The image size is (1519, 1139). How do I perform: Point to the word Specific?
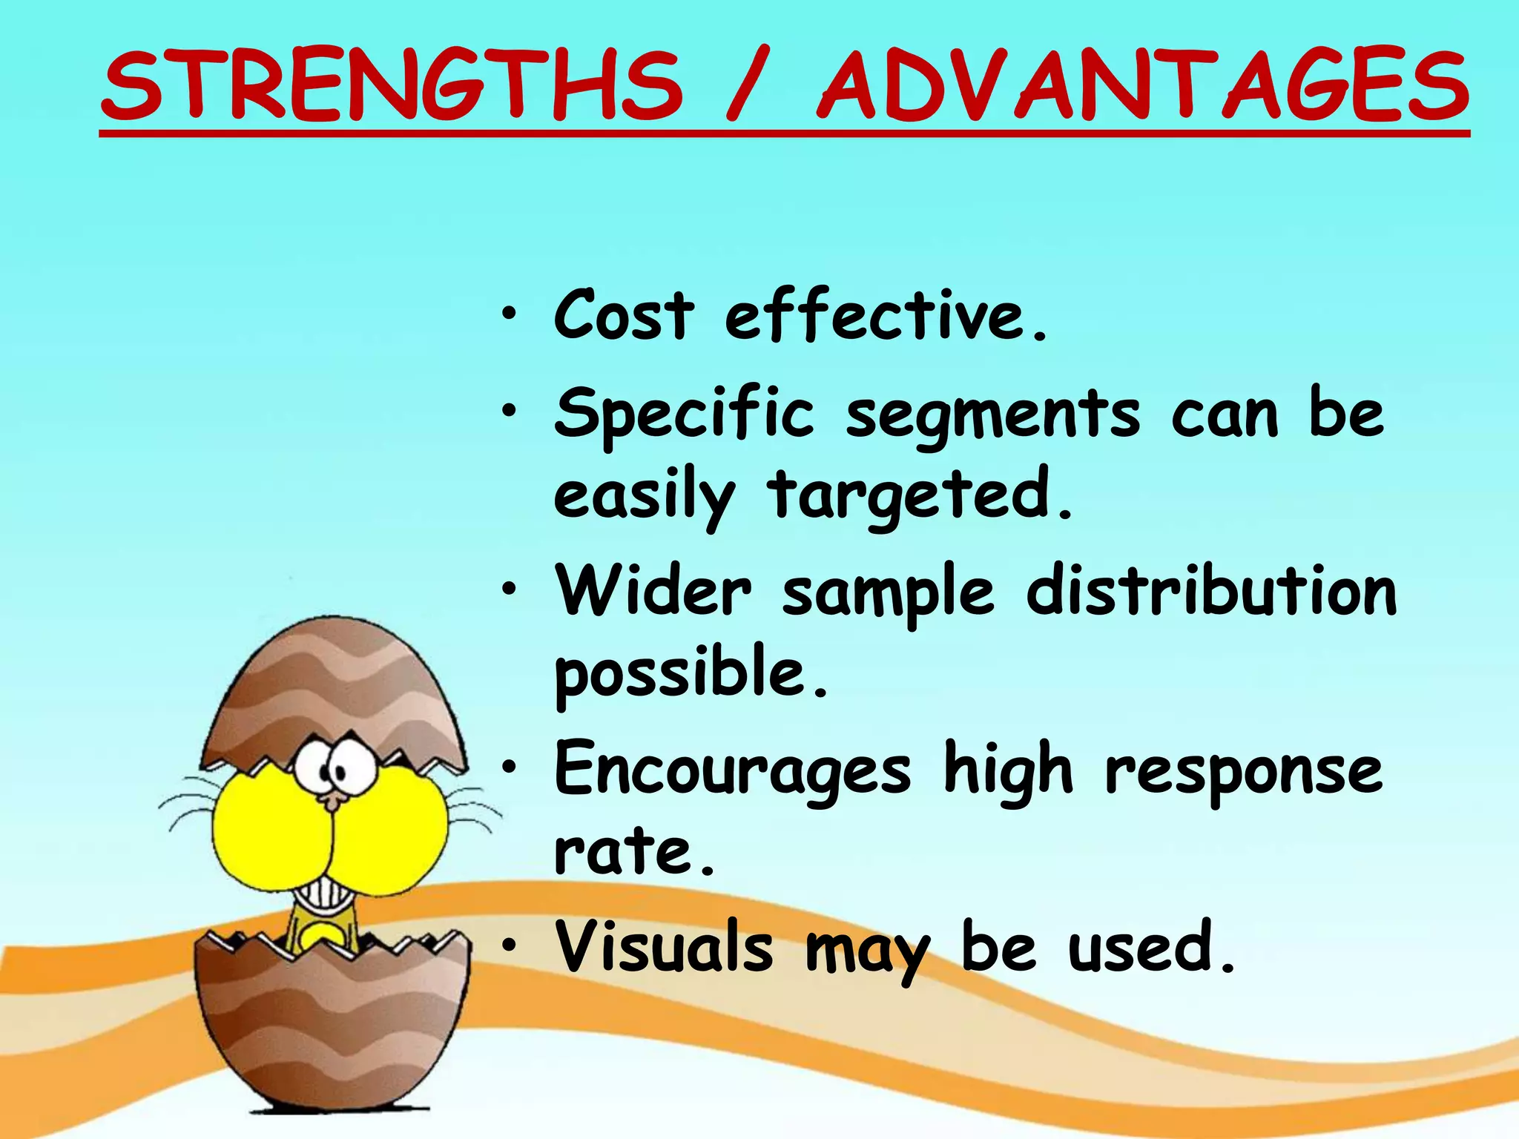[x=684, y=414]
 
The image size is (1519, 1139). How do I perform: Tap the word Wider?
[x=653, y=591]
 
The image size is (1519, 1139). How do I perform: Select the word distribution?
[x=1211, y=591]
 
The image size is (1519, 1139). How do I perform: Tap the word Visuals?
[x=664, y=947]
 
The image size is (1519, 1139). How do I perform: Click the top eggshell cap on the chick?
[x=334, y=690]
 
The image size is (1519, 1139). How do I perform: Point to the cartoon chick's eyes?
[x=334, y=767]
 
